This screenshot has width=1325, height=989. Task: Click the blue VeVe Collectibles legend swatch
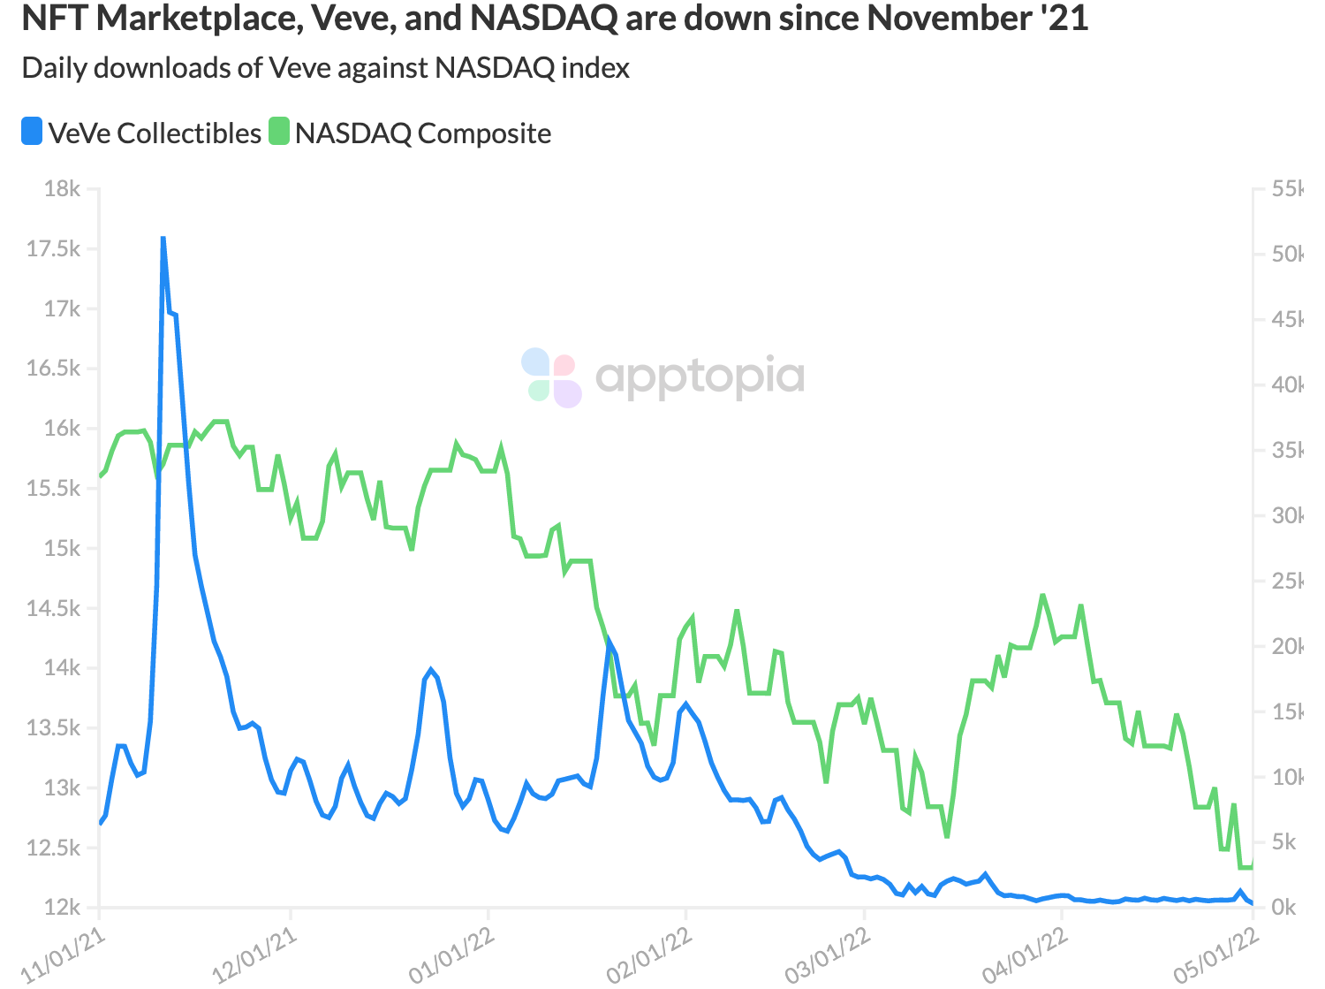(32, 132)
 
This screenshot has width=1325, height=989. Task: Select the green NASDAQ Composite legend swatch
(279, 132)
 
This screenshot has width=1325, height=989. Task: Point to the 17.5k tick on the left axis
(53, 249)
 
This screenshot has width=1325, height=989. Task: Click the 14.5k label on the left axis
(53, 608)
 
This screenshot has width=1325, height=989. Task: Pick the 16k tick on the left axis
(62, 429)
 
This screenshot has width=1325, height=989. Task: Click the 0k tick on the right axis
(1283, 908)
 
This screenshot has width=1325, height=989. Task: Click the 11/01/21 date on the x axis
(64, 956)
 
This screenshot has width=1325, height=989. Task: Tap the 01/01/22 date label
(451, 956)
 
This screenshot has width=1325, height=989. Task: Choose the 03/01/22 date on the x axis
(828, 956)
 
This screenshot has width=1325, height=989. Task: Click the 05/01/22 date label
(1216, 956)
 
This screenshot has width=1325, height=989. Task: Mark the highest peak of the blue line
(163, 238)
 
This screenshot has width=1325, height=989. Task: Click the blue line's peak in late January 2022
(609, 643)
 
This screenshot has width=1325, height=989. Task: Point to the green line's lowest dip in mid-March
(947, 836)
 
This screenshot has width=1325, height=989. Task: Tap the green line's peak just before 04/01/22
(1043, 596)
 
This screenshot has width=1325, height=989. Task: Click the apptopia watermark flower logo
(551, 377)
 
